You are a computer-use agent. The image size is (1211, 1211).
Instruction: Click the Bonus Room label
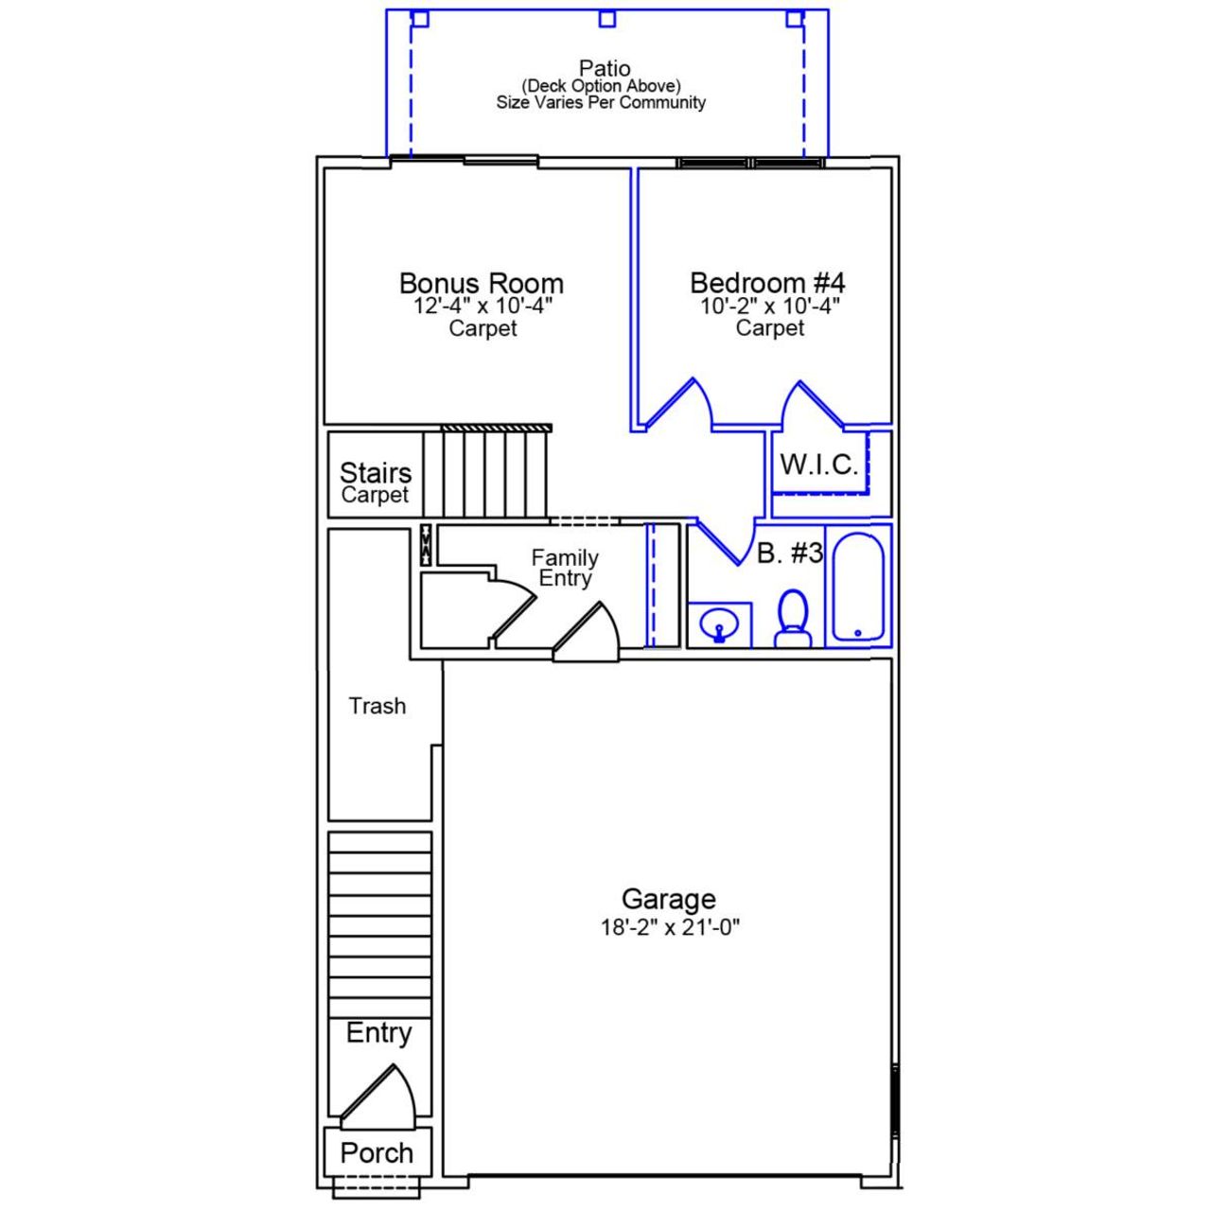click(x=482, y=283)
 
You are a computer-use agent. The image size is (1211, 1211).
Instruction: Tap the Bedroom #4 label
click(x=767, y=283)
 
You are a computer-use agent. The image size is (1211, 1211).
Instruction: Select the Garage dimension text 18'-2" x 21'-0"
click(x=670, y=927)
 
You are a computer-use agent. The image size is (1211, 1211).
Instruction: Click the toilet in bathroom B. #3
click(x=793, y=619)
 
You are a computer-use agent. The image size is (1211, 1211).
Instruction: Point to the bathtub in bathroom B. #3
click(x=858, y=587)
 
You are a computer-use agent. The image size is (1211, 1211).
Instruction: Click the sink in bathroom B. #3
click(x=719, y=625)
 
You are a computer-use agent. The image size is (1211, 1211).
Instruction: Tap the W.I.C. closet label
click(x=818, y=465)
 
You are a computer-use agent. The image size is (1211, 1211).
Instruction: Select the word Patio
click(x=605, y=68)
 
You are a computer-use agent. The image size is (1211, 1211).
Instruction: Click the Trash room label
click(x=377, y=706)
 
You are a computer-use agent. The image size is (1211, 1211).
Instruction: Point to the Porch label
click(x=377, y=1152)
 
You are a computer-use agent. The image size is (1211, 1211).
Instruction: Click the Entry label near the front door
click(x=378, y=1032)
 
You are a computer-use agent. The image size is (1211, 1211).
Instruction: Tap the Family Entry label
click(x=565, y=568)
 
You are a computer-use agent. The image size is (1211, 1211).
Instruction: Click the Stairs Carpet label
click(x=376, y=483)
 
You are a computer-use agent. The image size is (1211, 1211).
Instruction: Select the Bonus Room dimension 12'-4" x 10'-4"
click(x=483, y=307)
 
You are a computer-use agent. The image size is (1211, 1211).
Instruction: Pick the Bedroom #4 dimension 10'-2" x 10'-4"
click(x=770, y=307)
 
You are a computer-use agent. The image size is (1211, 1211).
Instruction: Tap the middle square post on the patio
click(x=607, y=19)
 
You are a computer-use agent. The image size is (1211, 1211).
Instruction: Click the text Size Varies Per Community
click(x=601, y=102)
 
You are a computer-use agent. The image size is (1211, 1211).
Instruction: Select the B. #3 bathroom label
click(x=790, y=553)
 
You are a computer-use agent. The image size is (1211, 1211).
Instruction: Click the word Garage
click(x=668, y=899)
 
